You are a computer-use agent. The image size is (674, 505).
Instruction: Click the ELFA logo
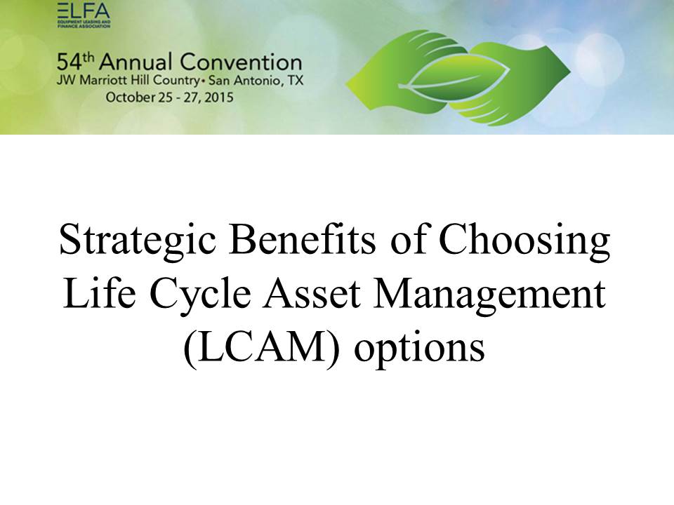tap(84, 15)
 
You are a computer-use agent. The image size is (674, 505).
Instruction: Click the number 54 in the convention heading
tap(69, 62)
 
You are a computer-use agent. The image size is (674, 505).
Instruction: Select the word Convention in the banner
tap(241, 62)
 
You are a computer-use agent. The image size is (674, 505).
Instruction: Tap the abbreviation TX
tap(296, 81)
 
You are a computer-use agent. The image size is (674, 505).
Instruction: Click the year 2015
tap(219, 97)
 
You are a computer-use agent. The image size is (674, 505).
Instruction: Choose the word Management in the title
tap(489, 296)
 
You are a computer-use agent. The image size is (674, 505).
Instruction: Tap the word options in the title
tap(420, 349)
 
